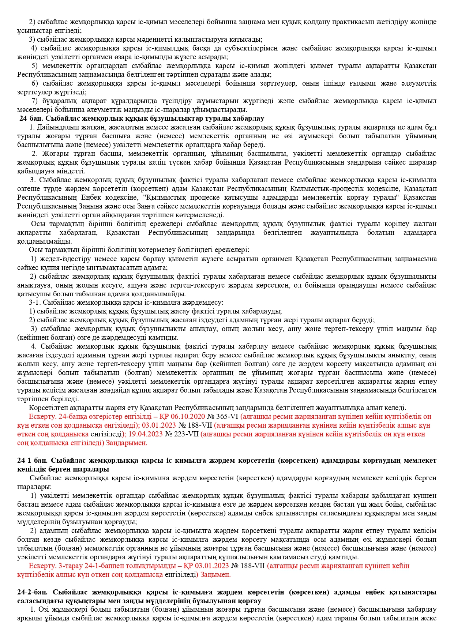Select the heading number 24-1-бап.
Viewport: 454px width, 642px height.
pos(32,460)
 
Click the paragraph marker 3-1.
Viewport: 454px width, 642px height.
pos(35,302)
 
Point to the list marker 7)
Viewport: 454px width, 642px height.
pos(35,101)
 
